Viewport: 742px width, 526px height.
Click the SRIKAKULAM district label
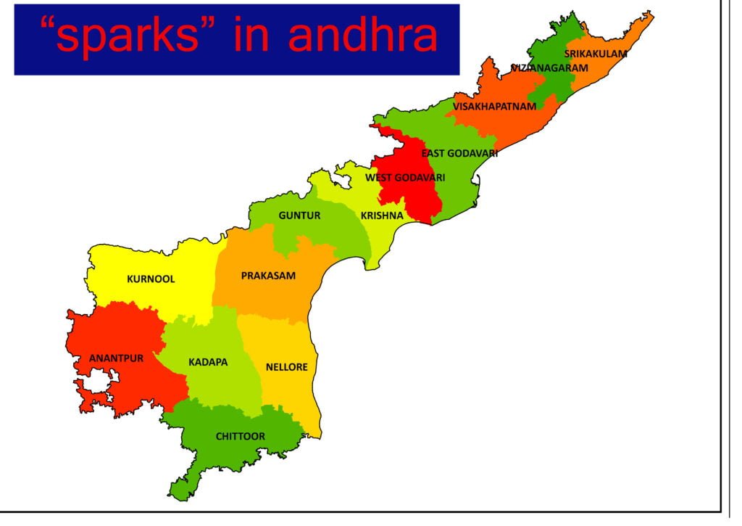(596, 54)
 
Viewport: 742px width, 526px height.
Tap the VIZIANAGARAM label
(549, 67)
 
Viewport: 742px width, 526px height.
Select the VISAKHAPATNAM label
(495, 107)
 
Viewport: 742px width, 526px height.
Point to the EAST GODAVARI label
(459, 153)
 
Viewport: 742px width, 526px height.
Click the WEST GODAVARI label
(405, 177)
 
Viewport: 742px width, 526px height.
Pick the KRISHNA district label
(382, 215)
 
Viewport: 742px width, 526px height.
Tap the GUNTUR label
(299, 215)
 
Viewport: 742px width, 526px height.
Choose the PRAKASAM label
(268, 276)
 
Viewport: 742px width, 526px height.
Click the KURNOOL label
(151, 279)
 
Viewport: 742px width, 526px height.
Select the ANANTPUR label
(116, 358)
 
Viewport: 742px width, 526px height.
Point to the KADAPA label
(208, 361)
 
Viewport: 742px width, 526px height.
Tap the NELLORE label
(286, 367)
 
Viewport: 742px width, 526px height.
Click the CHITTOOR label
(241, 436)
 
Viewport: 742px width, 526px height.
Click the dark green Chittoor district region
(217, 453)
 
